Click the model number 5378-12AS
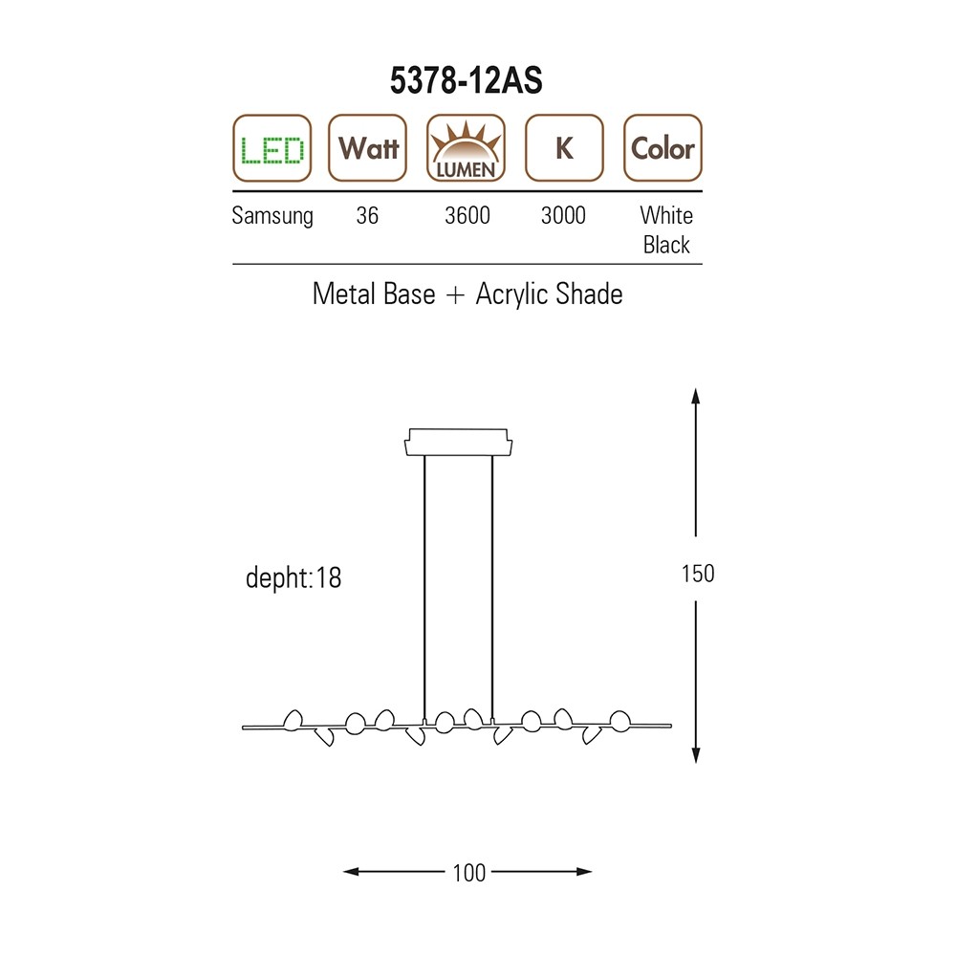[467, 80]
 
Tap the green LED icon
[272, 148]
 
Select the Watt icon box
[368, 148]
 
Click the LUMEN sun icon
[467, 148]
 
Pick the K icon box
[565, 148]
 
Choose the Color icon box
[663, 148]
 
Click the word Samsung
[272, 216]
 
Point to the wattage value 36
[368, 215]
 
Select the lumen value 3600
[467, 215]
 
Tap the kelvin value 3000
[563, 215]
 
